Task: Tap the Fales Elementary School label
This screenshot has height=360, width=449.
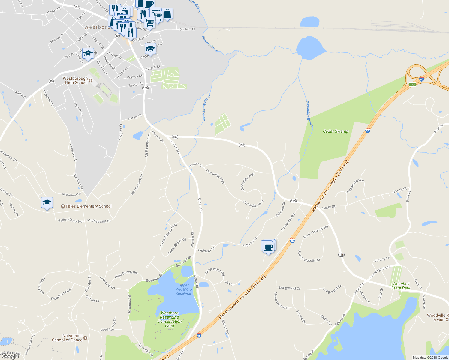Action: pos(89,206)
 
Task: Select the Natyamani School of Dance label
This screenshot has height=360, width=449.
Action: pos(67,338)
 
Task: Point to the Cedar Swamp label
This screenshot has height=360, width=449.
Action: pos(336,131)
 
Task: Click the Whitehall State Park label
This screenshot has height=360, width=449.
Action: pos(401,286)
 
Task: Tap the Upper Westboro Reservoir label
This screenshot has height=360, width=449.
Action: pos(183,289)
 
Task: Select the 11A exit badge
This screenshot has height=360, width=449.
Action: pos(412,85)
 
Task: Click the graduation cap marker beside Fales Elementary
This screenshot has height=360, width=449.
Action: pos(47,203)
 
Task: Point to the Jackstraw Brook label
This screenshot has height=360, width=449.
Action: pos(206,107)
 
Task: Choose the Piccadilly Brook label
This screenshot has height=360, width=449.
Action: pos(309,113)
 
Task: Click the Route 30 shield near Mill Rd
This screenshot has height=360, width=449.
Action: pos(51,81)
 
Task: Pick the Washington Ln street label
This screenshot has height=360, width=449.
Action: pos(355,186)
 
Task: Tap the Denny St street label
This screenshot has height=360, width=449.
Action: pos(135,118)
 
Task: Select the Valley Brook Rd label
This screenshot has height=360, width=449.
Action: pos(70,220)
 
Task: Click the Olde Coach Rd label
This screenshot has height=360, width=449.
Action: pos(126,274)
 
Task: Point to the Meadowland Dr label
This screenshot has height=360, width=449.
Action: pos(282,301)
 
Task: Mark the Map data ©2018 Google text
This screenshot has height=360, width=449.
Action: pos(430,358)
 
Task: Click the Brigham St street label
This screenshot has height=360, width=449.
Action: pos(187,29)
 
